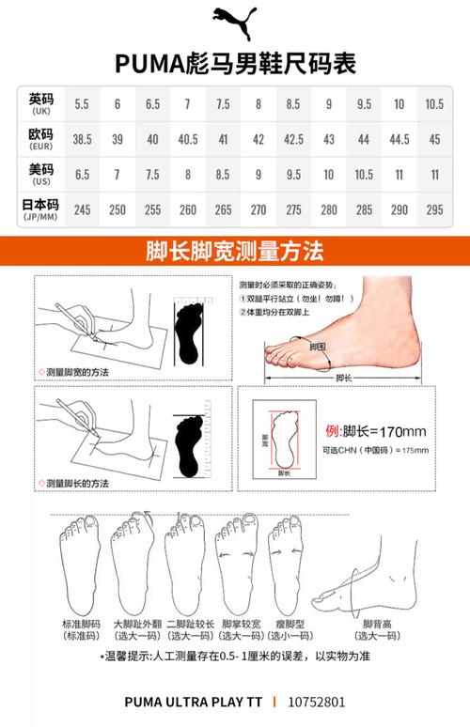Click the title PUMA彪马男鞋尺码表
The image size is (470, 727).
point(235,62)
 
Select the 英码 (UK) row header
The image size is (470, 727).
point(40,103)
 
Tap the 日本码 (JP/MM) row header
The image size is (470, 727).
point(40,208)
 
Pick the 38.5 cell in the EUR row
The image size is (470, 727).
point(83,138)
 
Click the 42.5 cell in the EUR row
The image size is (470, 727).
point(293,138)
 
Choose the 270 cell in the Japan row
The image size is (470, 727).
point(258,209)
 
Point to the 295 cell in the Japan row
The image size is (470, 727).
point(434,209)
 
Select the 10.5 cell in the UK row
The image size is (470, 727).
point(434,103)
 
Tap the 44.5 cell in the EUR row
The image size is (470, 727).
point(399,138)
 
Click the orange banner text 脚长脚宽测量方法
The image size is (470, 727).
point(235,252)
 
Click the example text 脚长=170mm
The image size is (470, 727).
point(376,431)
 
